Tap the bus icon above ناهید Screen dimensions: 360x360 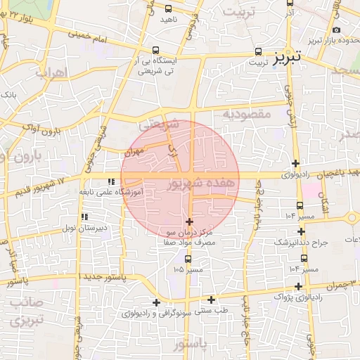coord(167,9)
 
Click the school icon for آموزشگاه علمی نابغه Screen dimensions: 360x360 coord(110,183)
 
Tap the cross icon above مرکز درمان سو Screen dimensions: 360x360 coord(189,221)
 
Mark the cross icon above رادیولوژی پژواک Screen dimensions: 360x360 coord(300,286)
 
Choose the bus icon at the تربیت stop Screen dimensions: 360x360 coord(259,52)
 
